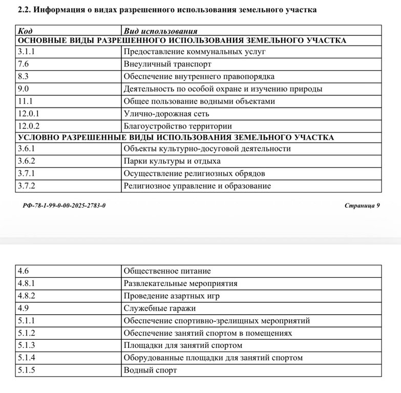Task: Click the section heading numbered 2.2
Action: pyautogui.click(x=167, y=10)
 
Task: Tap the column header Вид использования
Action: pyautogui.click(x=160, y=31)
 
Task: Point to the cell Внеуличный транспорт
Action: pyautogui.click(x=167, y=64)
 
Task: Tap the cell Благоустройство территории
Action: pyautogui.click(x=178, y=126)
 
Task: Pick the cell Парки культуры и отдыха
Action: pyautogui.click(x=172, y=161)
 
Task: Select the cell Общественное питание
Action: pyautogui.click(x=167, y=271)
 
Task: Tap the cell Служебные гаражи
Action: pyautogui.click(x=160, y=308)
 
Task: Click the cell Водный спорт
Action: pyautogui.click(x=150, y=370)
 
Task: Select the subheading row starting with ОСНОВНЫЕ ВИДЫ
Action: pyautogui.click(x=182, y=40)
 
